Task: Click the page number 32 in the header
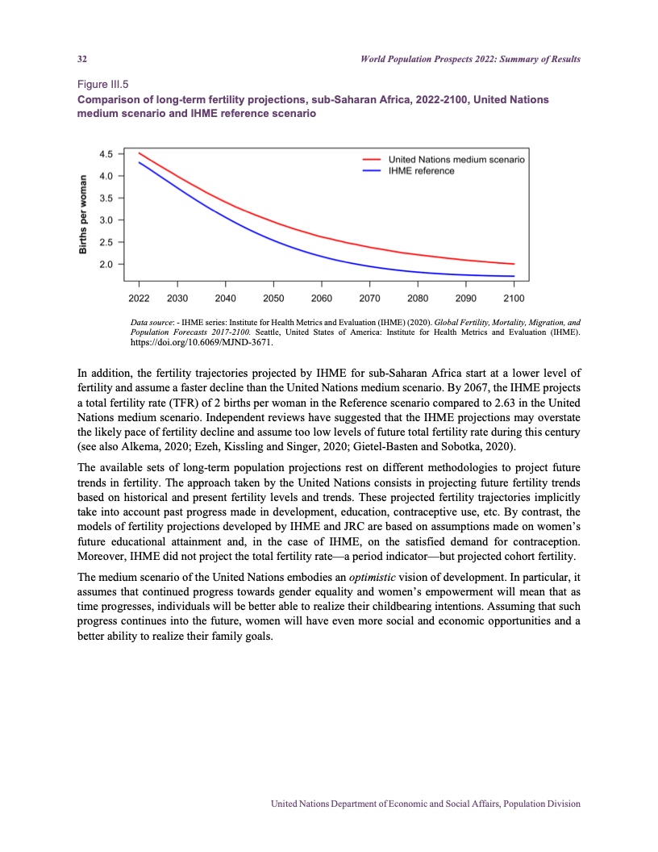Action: [x=81, y=61]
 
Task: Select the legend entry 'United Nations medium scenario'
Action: [x=456, y=160]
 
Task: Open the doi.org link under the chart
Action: [x=202, y=342]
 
